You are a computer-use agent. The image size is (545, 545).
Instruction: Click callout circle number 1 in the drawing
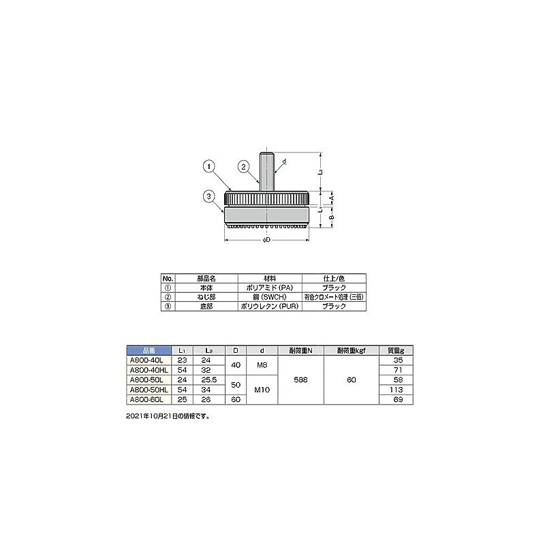[208, 165]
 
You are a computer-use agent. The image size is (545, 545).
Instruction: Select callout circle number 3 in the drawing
[208, 197]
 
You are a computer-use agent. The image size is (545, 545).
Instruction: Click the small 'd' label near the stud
[283, 161]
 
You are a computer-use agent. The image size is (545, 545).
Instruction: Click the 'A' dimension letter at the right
[331, 196]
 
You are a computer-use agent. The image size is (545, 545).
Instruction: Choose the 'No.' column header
[168, 279]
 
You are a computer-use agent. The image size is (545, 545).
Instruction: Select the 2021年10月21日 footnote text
[168, 415]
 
